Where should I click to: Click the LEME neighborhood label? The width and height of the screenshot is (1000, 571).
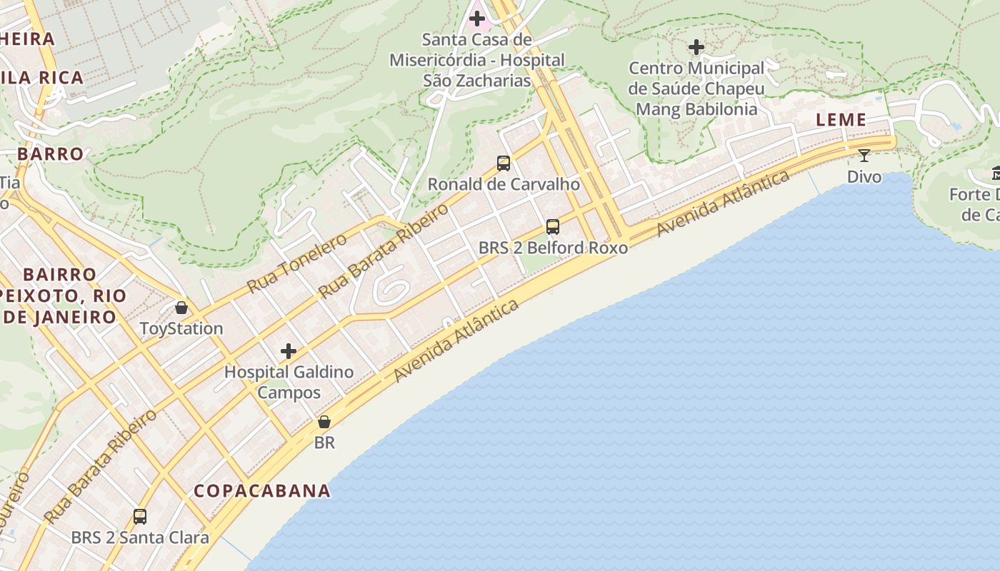(x=841, y=120)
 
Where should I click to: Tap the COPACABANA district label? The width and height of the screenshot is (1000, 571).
(x=262, y=491)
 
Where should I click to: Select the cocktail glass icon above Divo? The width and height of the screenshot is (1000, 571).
(x=864, y=155)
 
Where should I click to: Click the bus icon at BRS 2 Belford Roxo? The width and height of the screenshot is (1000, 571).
(x=552, y=227)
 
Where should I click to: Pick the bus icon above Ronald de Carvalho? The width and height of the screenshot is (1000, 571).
(x=503, y=163)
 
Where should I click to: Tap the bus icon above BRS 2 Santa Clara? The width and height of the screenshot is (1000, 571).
(x=140, y=516)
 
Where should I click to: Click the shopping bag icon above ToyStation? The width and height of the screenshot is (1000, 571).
(x=181, y=308)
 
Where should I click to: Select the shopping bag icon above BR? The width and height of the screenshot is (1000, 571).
(x=324, y=422)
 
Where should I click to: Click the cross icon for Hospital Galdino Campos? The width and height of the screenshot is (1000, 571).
(x=289, y=351)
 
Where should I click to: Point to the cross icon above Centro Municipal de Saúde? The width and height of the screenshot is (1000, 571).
(x=696, y=48)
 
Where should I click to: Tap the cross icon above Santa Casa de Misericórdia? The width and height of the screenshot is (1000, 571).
(x=477, y=18)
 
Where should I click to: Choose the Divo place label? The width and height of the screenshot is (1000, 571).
(x=864, y=176)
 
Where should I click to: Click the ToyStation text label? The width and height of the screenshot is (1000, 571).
(x=181, y=329)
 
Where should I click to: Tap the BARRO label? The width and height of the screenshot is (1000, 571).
(x=50, y=153)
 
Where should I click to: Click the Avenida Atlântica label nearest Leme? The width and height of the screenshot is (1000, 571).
(x=723, y=203)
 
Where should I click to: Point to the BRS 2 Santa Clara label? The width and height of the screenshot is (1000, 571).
(x=140, y=537)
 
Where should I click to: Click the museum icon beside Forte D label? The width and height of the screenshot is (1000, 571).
(x=996, y=173)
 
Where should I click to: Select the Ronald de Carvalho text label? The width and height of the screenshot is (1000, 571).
(x=503, y=184)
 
